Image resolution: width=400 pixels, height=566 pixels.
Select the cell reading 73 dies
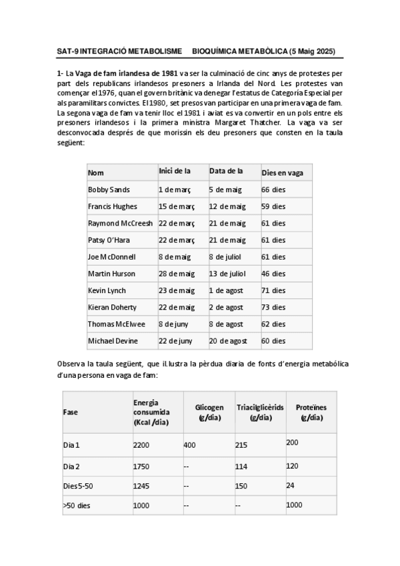pyautogui.click(x=273, y=307)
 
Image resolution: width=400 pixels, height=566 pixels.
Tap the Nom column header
pyautogui.click(x=96, y=173)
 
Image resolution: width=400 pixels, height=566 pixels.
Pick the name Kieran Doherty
pyautogui.click(x=112, y=307)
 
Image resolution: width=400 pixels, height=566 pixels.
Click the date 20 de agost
pyautogui.click(x=227, y=341)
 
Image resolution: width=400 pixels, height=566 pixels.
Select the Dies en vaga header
pyautogui.click(x=282, y=173)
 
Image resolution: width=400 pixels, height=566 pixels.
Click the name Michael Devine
pyautogui.click(x=113, y=341)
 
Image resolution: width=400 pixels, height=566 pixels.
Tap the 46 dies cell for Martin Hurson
pyautogui.click(x=273, y=274)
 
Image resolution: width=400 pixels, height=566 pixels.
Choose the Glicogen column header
pyautogui.click(x=209, y=412)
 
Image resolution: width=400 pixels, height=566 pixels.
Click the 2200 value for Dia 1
pyautogui.click(x=143, y=445)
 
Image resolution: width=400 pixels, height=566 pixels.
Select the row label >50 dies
pyautogui.click(x=77, y=505)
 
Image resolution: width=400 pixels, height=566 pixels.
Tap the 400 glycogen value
pyautogui.click(x=189, y=445)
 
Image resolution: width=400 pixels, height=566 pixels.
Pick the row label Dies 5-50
pyautogui.click(x=79, y=485)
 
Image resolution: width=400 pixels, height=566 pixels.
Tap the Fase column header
pyautogui.click(x=70, y=412)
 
